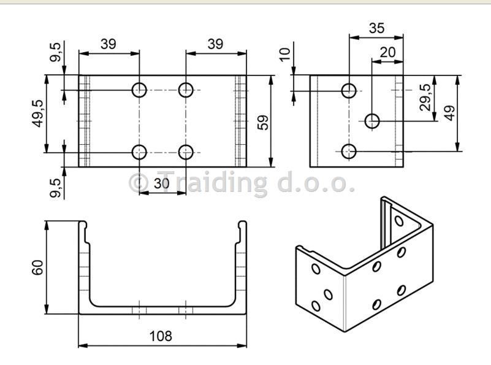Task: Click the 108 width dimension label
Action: (x=161, y=336)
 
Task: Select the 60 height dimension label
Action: (x=37, y=267)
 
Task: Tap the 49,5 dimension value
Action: (x=38, y=113)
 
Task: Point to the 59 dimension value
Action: (x=263, y=123)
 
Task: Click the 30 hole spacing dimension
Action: (x=162, y=183)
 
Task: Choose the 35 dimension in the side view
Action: (x=376, y=28)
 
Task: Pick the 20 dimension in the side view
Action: (x=387, y=52)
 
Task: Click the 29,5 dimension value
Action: (x=425, y=97)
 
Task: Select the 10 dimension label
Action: (x=284, y=55)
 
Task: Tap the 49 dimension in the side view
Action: (x=450, y=113)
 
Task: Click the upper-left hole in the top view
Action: (x=139, y=90)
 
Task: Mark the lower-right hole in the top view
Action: (x=186, y=152)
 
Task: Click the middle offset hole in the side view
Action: (x=372, y=121)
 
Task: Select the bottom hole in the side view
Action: (x=349, y=152)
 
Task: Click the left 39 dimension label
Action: (x=108, y=44)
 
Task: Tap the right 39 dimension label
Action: (x=215, y=44)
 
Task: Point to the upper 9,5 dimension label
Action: (x=55, y=52)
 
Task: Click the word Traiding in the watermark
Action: (x=212, y=183)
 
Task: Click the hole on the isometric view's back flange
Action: (x=399, y=221)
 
